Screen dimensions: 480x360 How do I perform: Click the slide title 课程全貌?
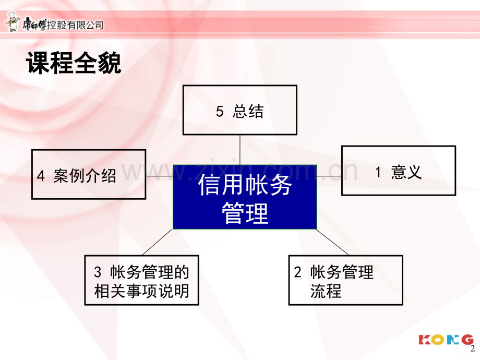pos(74,63)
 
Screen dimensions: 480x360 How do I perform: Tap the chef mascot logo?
pos(13,22)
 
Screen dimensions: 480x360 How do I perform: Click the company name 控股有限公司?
pos(75,25)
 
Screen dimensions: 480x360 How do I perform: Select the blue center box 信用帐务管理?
pos(245,197)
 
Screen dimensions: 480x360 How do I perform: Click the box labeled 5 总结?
pos(239,110)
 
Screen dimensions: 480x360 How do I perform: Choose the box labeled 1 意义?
pos(398,171)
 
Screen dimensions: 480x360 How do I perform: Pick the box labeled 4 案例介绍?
pos(89,174)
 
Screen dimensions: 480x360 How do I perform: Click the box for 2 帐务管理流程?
pos(345,280)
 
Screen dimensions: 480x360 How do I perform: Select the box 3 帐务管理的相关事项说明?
pos(141,280)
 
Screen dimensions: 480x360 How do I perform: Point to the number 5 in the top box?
pos(220,111)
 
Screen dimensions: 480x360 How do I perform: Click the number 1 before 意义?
pos(378,172)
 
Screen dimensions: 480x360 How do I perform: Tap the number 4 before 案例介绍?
pos(41,176)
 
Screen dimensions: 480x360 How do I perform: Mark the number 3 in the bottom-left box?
pos(98,272)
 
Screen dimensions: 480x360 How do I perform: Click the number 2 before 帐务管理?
pos(297,272)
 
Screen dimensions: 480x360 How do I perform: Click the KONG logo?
pos(446,340)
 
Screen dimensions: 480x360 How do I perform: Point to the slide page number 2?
pos(473,349)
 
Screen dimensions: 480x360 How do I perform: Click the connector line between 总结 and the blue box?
pos(239,150)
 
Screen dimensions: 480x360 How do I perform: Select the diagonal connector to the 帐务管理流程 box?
pos(332,242)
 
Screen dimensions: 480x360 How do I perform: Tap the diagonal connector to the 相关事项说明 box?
pos(158,242)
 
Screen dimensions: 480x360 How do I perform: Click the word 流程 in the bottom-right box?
pos(326,291)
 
